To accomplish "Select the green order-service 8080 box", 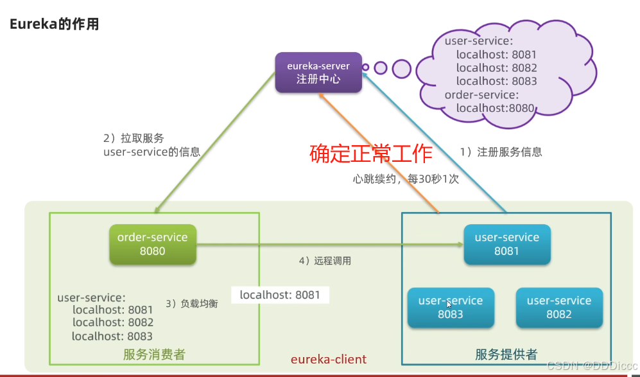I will (152, 244).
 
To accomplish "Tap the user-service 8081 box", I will (506, 244).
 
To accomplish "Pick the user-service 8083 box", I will (451, 308).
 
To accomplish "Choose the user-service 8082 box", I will (559, 308).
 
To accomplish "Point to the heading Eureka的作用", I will (54, 25).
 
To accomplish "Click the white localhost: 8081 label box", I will (280, 295).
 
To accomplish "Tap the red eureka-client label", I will (329, 358).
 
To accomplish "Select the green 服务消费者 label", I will (154, 354).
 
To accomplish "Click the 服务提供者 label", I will (506, 354).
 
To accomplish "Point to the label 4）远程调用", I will (325, 261).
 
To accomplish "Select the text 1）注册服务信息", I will (501, 152).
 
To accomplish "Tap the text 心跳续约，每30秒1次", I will (406, 179).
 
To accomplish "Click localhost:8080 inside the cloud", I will (495, 108).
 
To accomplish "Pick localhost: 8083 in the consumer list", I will (112, 336).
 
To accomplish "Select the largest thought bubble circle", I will (401, 68).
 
